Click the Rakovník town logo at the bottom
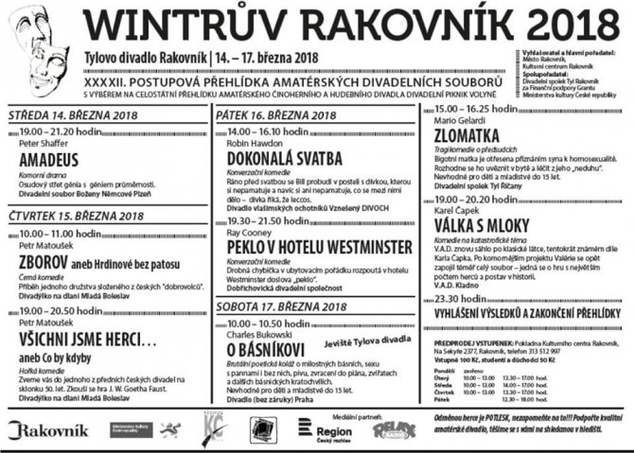pos(48,430)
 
